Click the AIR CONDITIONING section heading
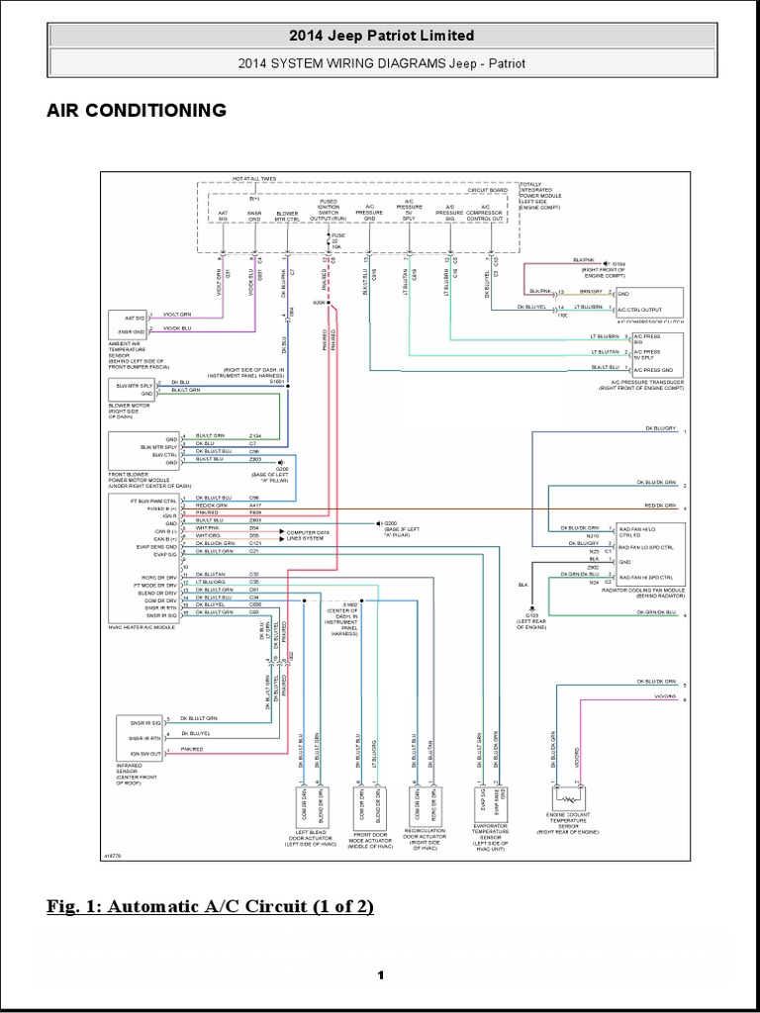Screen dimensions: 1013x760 coord(137,110)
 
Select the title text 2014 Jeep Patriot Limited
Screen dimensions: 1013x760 coord(381,36)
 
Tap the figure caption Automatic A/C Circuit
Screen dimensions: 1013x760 coord(210,907)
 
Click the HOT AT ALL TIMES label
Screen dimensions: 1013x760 coord(254,179)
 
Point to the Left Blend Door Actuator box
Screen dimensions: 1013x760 coord(311,804)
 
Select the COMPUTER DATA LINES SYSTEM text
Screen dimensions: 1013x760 coord(316,535)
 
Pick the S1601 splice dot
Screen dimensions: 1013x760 coord(288,388)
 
